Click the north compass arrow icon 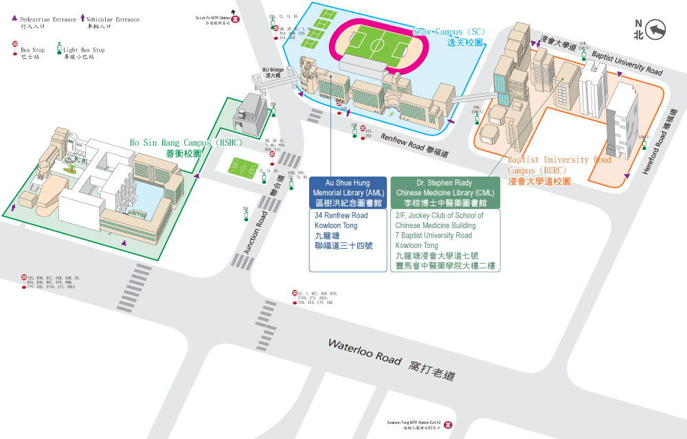[x=657, y=30]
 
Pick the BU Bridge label [x=273, y=72]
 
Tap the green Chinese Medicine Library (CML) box [x=446, y=193]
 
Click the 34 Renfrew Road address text [x=341, y=216]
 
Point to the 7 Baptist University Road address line [x=433, y=236]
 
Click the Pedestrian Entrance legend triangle [x=14, y=20]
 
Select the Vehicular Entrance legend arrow [x=83, y=19]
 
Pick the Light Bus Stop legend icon [x=58, y=50]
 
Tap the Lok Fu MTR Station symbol [x=236, y=21]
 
